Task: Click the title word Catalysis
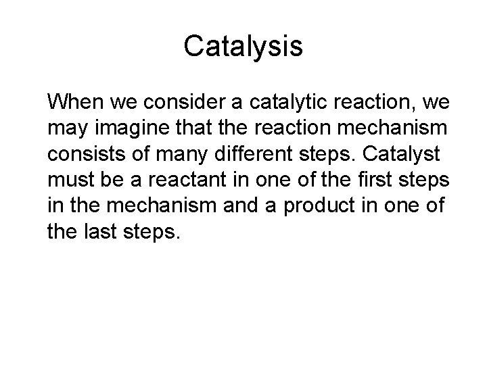[x=243, y=47]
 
